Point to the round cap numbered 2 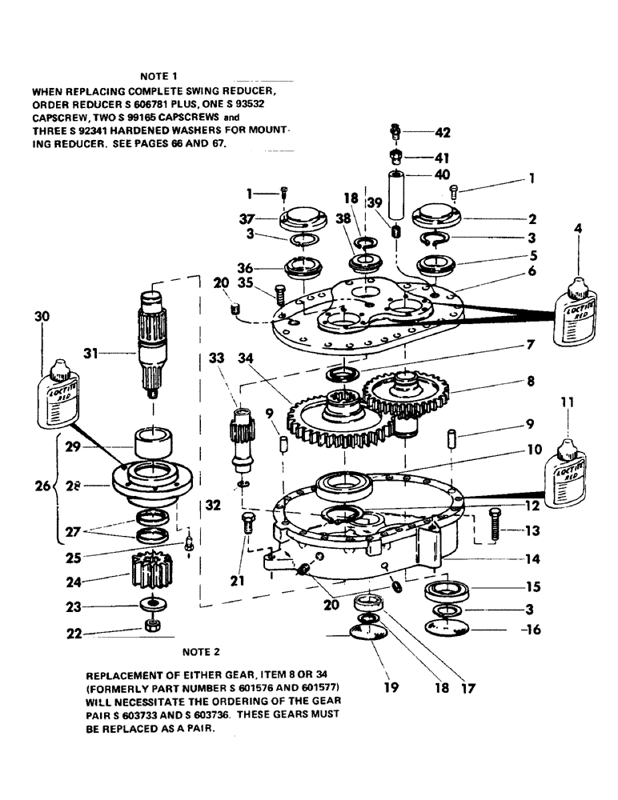point(439,217)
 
